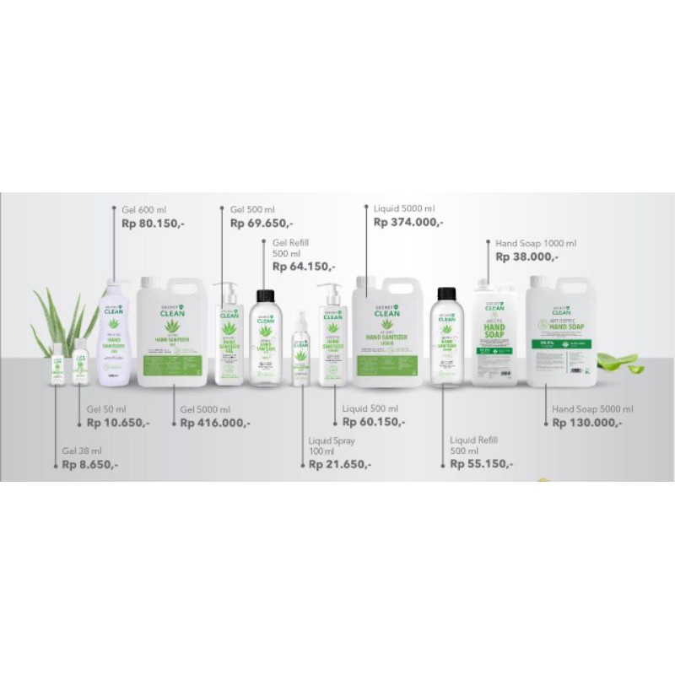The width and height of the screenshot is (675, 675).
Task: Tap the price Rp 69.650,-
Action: pos(262,224)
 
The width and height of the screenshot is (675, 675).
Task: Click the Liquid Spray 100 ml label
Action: pos(332,446)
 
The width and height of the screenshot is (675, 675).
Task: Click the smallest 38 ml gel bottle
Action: pos(58,364)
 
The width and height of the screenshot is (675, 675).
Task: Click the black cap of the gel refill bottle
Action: pos(263,296)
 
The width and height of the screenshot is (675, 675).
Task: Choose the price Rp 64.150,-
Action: pos(303,266)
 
